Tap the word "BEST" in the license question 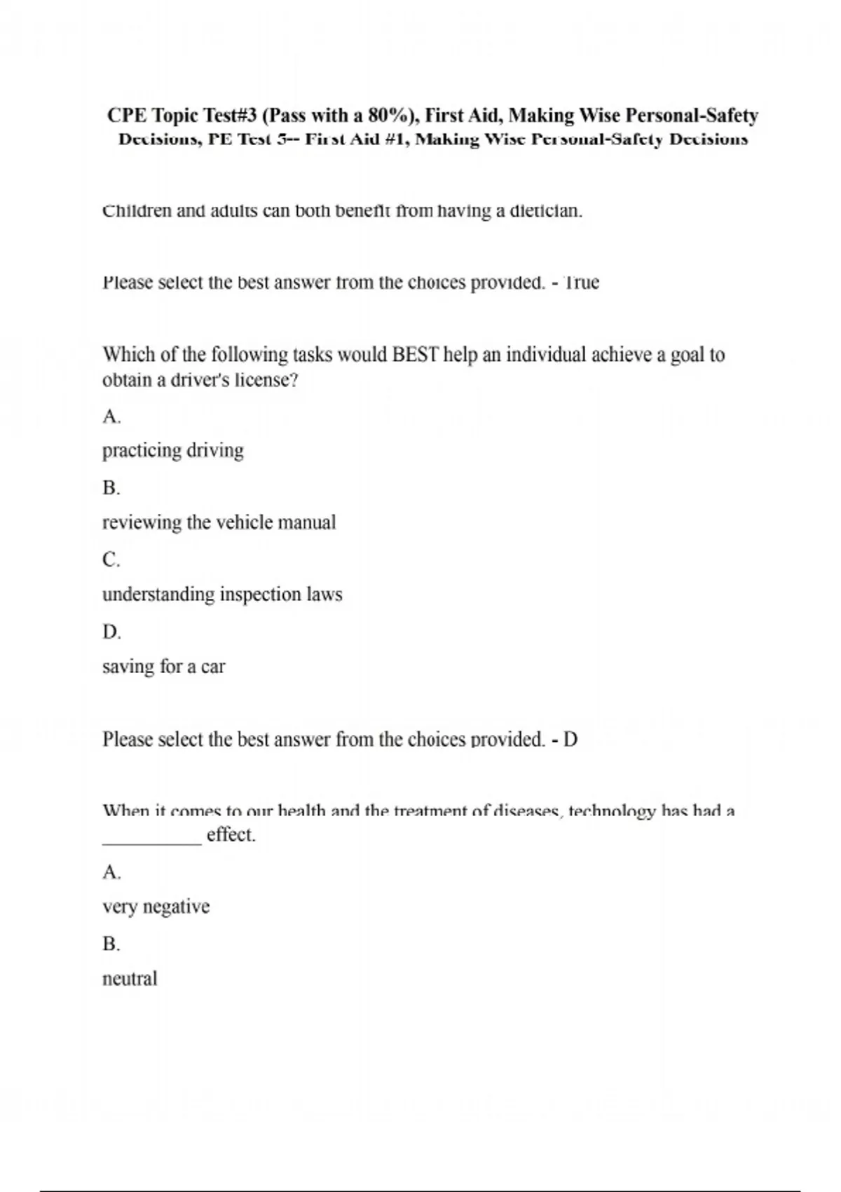tap(415, 355)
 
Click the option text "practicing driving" tap(173, 450)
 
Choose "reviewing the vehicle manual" tap(219, 522)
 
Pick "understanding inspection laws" tap(222, 595)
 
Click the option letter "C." tap(111, 560)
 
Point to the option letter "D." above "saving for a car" tap(111, 632)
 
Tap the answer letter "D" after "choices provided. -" tap(570, 739)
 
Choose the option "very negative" tap(156, 907)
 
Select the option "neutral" tap(130, 979)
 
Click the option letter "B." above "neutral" tap(111, 944)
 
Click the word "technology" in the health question tap(612, 811)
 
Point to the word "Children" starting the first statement tap(137, 210)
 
